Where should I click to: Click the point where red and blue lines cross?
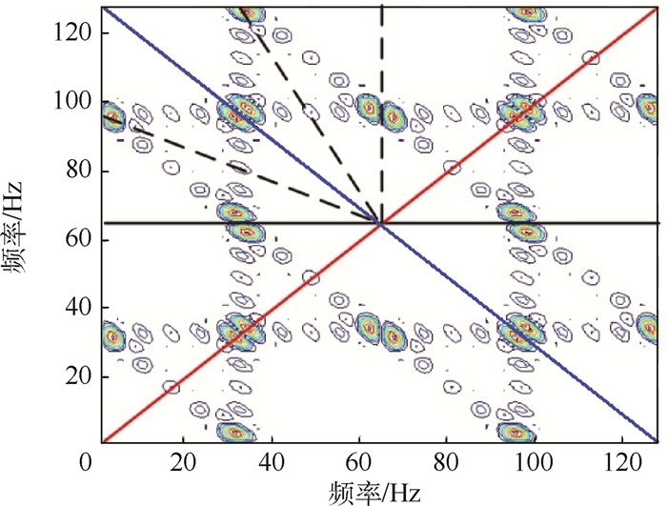click(381, 224)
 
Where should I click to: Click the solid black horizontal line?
click(572, 224)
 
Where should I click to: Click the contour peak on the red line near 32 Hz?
click(241, 334)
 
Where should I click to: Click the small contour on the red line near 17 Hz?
click(172, 387)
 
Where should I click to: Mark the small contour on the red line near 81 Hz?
click(453, 168)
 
